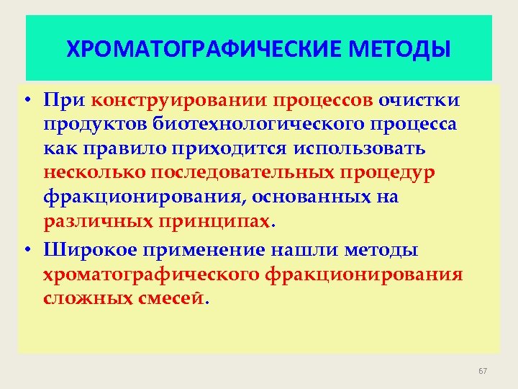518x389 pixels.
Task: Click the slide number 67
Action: pos(483,371)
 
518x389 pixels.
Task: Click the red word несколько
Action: pos(91,174)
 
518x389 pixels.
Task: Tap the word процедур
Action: pos(389,174)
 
